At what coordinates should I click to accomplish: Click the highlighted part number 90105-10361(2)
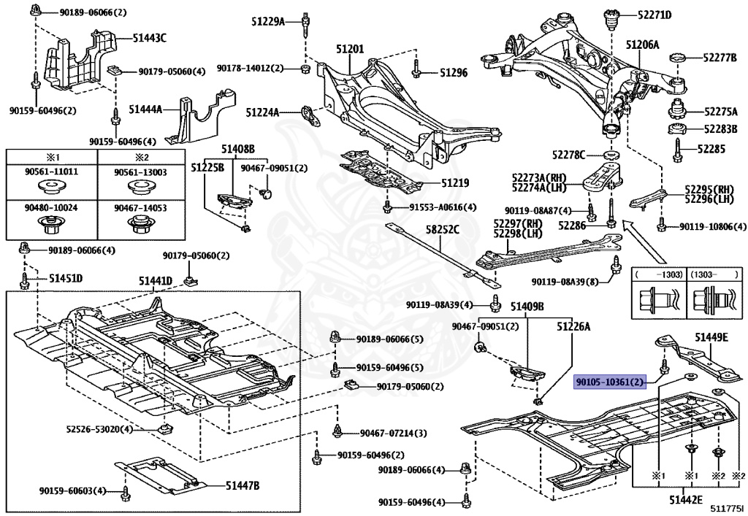click(x=610, y=382)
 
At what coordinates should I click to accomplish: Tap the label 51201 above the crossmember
click(x=350, y=48)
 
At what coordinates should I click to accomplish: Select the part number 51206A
click(x=641, y=45)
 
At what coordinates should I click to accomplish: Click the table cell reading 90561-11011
click(x=51, y=172)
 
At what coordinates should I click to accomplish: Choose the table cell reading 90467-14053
click(x=140, y=208)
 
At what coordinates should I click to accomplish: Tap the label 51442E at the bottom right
click(x=685, y=499)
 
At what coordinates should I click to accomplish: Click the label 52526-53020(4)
click(x=99, y=428)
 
